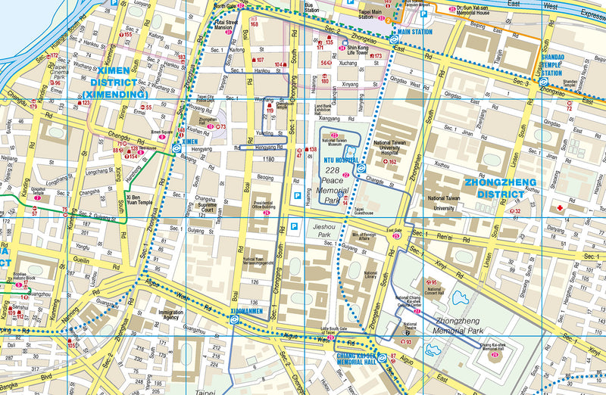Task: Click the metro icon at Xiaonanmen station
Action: coord(236,319)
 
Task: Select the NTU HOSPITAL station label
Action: coord(340,160)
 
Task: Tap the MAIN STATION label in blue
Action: coord(413,33)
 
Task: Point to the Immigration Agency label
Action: coord(170,314)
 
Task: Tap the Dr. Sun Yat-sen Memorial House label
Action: coord(483,11)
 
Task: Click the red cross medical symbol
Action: coord(560,207)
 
